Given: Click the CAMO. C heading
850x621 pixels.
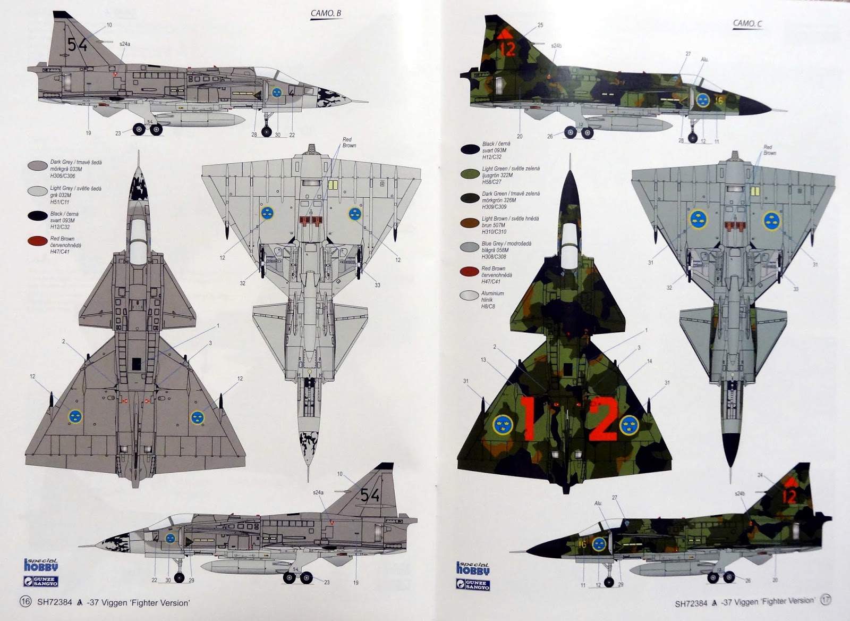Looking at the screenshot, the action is pyautogui.click(x=748, y=23).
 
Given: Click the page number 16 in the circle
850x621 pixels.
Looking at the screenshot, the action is pyautogui.click(x=24, y=602).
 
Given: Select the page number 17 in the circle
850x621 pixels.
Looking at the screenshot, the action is pyautogui.click(x=825, y=600).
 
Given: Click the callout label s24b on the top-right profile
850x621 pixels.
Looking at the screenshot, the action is pyautogui.click(x=556, y=46).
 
